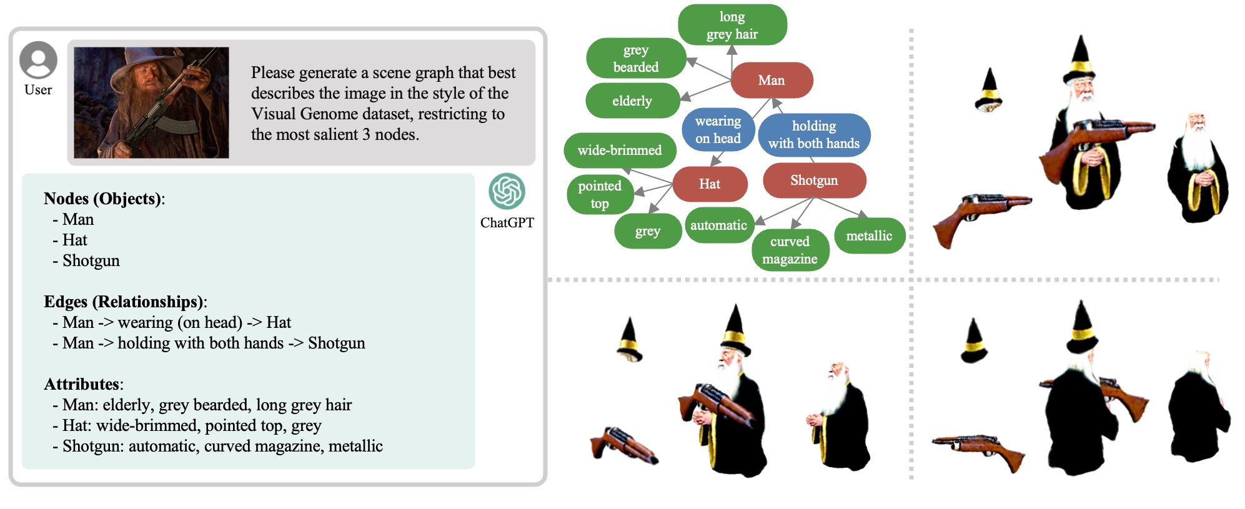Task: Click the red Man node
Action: coord(771,80)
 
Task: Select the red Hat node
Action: coord(710,184)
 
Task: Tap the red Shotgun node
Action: coord(814,180)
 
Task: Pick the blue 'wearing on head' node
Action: coord(718,129)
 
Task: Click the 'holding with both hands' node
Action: coord(813,134)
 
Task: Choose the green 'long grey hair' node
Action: coord(732,25)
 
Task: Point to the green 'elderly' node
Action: coord(632,101)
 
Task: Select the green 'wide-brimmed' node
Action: coord(620,150)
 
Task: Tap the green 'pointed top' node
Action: coord(600,194)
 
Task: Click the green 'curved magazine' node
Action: coord(790,250)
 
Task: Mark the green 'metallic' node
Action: coord(869,235)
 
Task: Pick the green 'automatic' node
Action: coord(718,225)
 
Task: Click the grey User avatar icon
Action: coord(38,60)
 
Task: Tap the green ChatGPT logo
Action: coord(507,190)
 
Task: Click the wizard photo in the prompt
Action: coord(151,102)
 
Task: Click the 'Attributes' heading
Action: coord(82,384)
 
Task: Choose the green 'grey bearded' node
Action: coord(636,58)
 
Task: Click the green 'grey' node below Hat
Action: coord(648,231)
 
